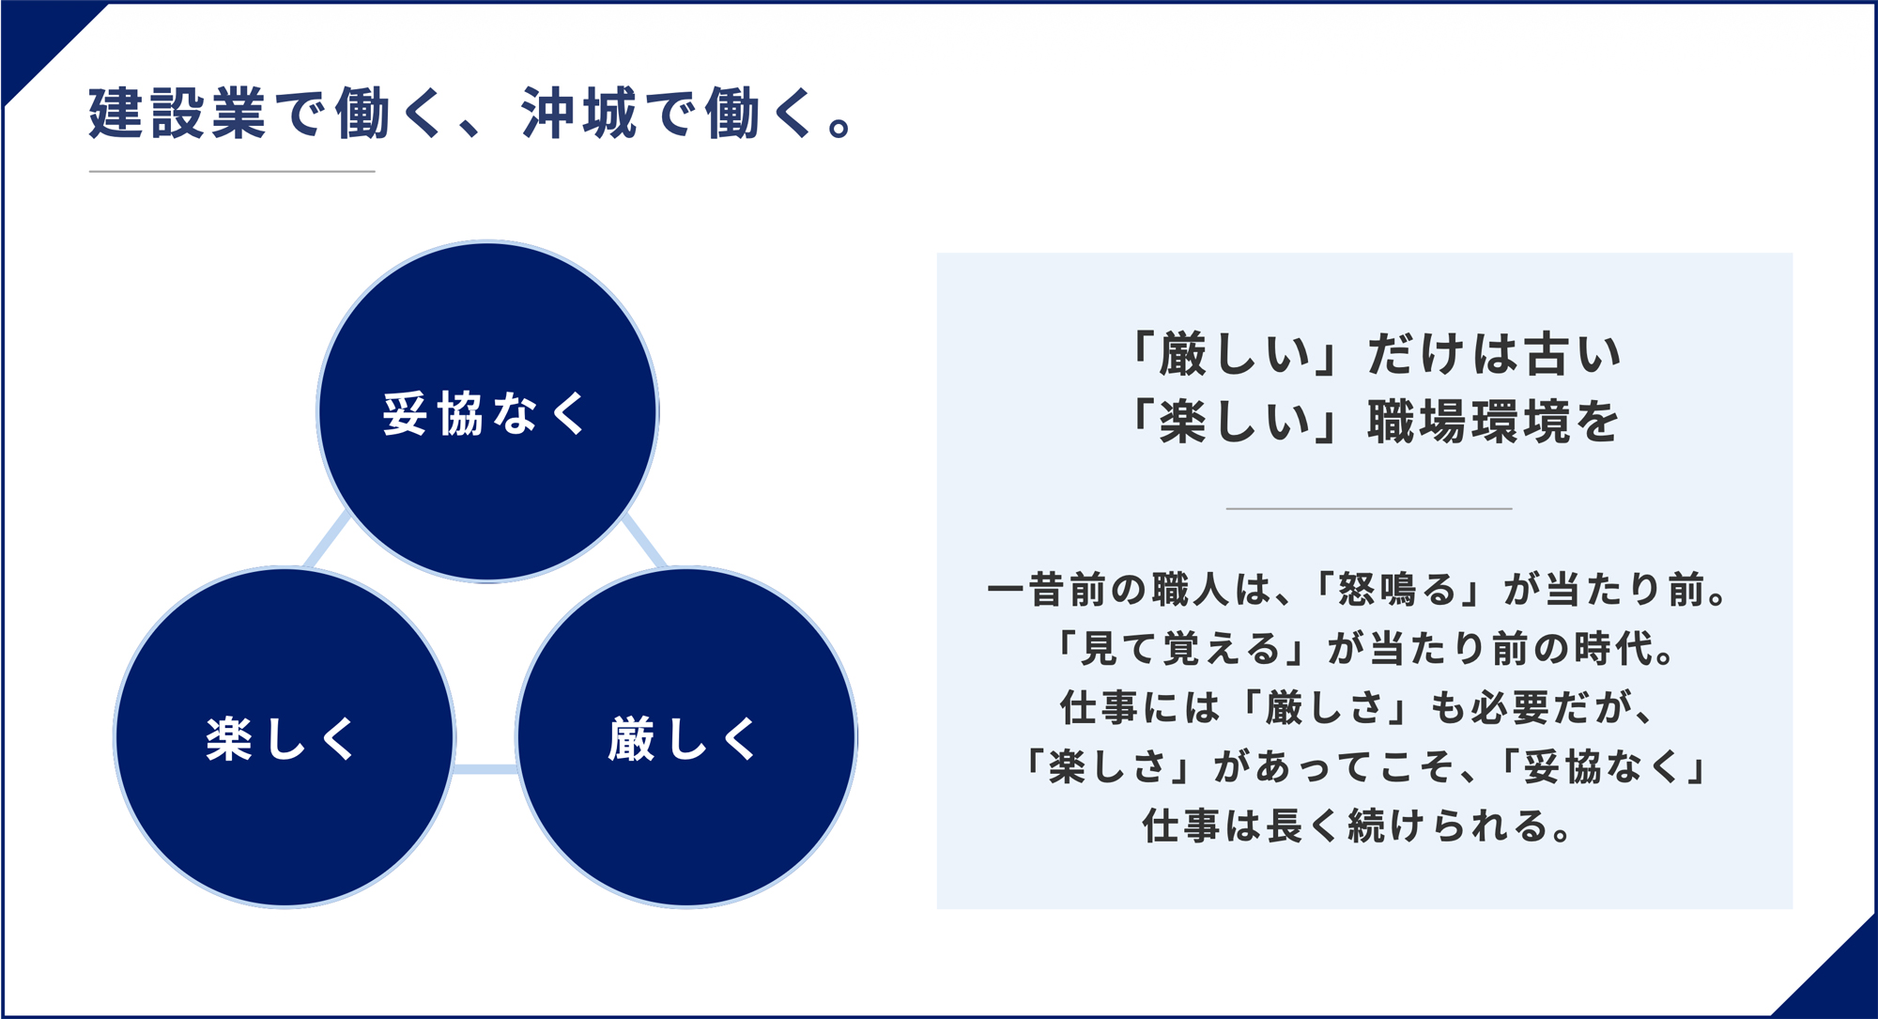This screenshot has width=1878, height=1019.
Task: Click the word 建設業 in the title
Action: (x=177, y=114)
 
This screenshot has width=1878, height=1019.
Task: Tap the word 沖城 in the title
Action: (x=578, y=114)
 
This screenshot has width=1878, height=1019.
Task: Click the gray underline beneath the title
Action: (x=232, y=171)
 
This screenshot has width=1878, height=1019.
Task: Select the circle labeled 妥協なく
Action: (x=487, y=411)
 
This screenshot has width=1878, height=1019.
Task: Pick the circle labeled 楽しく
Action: (x=285, y=737)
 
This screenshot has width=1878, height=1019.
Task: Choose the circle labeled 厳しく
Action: (x=686, y=737)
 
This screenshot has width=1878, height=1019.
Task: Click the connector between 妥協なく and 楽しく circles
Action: (x=327, y=541)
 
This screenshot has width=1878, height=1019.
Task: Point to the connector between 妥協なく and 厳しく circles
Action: (x=645, y=541)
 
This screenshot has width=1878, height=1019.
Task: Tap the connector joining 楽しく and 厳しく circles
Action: (x=485, y=769)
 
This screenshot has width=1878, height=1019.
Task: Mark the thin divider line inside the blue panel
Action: (x=1369, y=508)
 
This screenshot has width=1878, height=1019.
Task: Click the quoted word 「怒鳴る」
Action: (x=1398, y=590)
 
